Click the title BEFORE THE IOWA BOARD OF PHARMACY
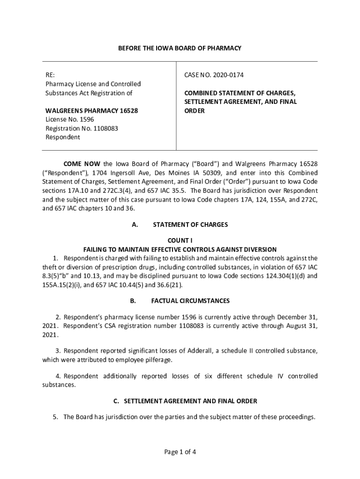[180, 48]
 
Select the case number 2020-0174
[228, 75]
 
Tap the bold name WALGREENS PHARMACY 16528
[92, 111]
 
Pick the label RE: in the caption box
[50, 75]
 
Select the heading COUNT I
[180, 240]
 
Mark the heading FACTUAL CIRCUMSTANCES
[190, 301]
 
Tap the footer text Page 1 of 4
[180, 452]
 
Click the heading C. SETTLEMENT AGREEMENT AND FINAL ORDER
[180, 401]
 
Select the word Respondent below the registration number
[63, 138]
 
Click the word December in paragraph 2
[284, 317]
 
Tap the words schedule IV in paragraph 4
[262, 376]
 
